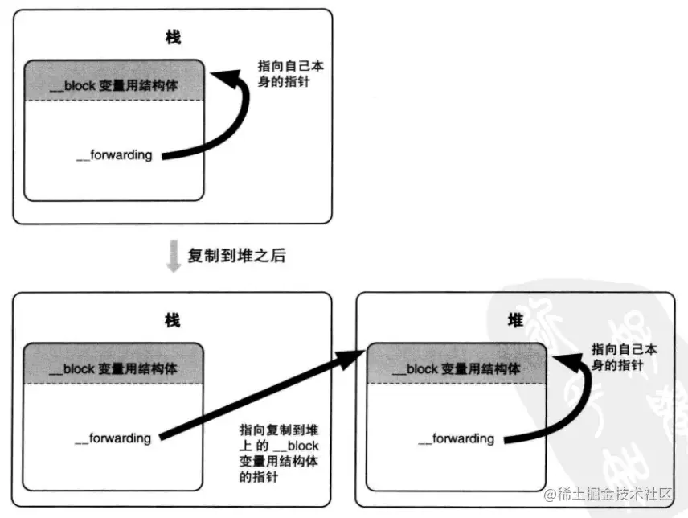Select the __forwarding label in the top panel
click(113, 155)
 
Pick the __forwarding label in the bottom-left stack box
click(113, 438)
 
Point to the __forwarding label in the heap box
click(457, 438)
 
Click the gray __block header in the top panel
click(113, 80)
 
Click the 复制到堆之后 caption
click(236, 256)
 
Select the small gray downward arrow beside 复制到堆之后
click(172, 257)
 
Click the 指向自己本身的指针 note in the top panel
click(284, 72)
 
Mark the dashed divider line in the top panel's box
click(113, 101)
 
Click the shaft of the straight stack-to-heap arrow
click(257, 397)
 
